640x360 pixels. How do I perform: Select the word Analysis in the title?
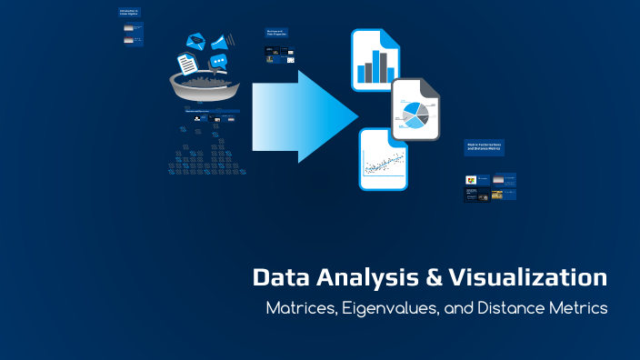[356, 277]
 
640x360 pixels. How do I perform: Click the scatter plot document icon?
[383, 159]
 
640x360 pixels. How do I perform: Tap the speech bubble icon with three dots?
[218, 62]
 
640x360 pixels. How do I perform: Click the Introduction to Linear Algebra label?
[129, 14]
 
